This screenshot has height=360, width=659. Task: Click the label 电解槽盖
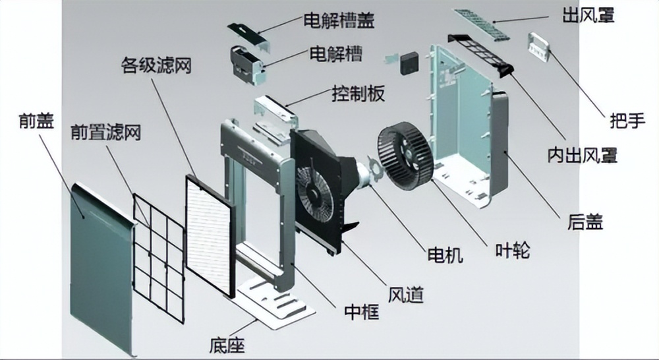tap(338, 20)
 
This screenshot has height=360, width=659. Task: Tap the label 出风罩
tap(588, 15)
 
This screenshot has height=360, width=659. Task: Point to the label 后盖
tap(585, 223)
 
